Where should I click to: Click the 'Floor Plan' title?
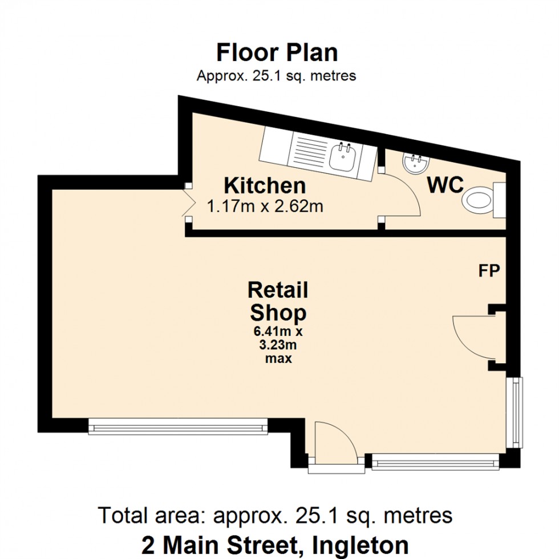tap(277, 52)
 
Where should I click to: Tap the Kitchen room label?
tap(265, 186)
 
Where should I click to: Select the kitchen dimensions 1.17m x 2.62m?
tap(265, 206)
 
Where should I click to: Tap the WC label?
tap(445, 186)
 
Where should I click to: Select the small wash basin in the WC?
tap(414, 163)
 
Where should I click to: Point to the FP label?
tap(489, 271)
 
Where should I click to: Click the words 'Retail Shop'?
tap(278, 301)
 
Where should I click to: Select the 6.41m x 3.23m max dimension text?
tap(278, 345)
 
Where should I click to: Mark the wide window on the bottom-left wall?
tap(178, 427)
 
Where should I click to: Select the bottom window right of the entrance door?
tap(435, 461)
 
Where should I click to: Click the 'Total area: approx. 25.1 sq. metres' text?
tap(276, 515)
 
